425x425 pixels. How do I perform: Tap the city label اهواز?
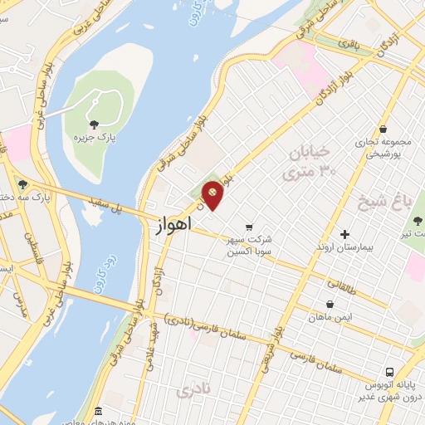coord(173,225)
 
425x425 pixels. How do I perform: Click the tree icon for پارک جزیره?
coord(105,125)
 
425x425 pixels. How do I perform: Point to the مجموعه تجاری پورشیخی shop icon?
coord(383,129)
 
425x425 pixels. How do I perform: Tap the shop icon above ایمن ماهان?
coord(330,304)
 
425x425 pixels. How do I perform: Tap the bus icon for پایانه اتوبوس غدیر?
coord(388,372)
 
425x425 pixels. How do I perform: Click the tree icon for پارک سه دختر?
coord(22,184)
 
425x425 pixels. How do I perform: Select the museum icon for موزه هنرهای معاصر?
coord(98,411)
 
